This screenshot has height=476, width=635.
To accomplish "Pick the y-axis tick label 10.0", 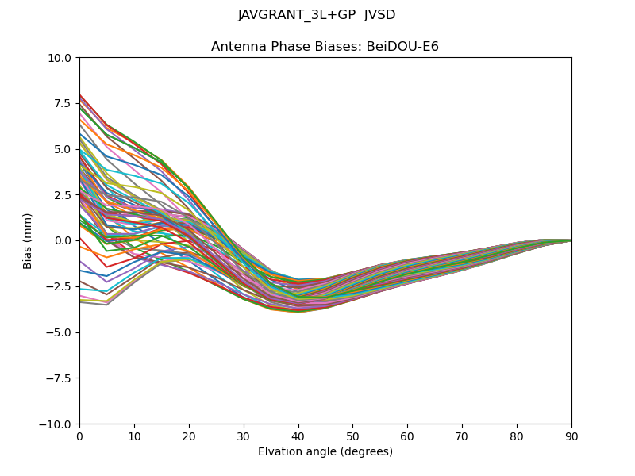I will pyautogui.click(x=60, y=58).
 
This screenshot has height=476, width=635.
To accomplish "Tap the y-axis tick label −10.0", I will pyautogui.click(x=56, y=424).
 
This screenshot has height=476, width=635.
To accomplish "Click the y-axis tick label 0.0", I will pyautogui.click(x=63, y=241).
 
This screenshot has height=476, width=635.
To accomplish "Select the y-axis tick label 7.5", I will pyautogui.click(x=63, y=104).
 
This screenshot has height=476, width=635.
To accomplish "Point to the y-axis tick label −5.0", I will pyautogui.click(x=59, y=332).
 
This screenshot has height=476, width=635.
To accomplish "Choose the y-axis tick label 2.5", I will pyautogui.click(x=63, y=195).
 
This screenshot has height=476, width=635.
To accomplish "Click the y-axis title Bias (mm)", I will pyautogui.click(x=29, y=240).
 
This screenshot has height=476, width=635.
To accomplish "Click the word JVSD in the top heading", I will pyautogui.click(x=379, y=15).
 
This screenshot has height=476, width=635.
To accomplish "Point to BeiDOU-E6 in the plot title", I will pyautogui.click(x=403, y=47).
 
